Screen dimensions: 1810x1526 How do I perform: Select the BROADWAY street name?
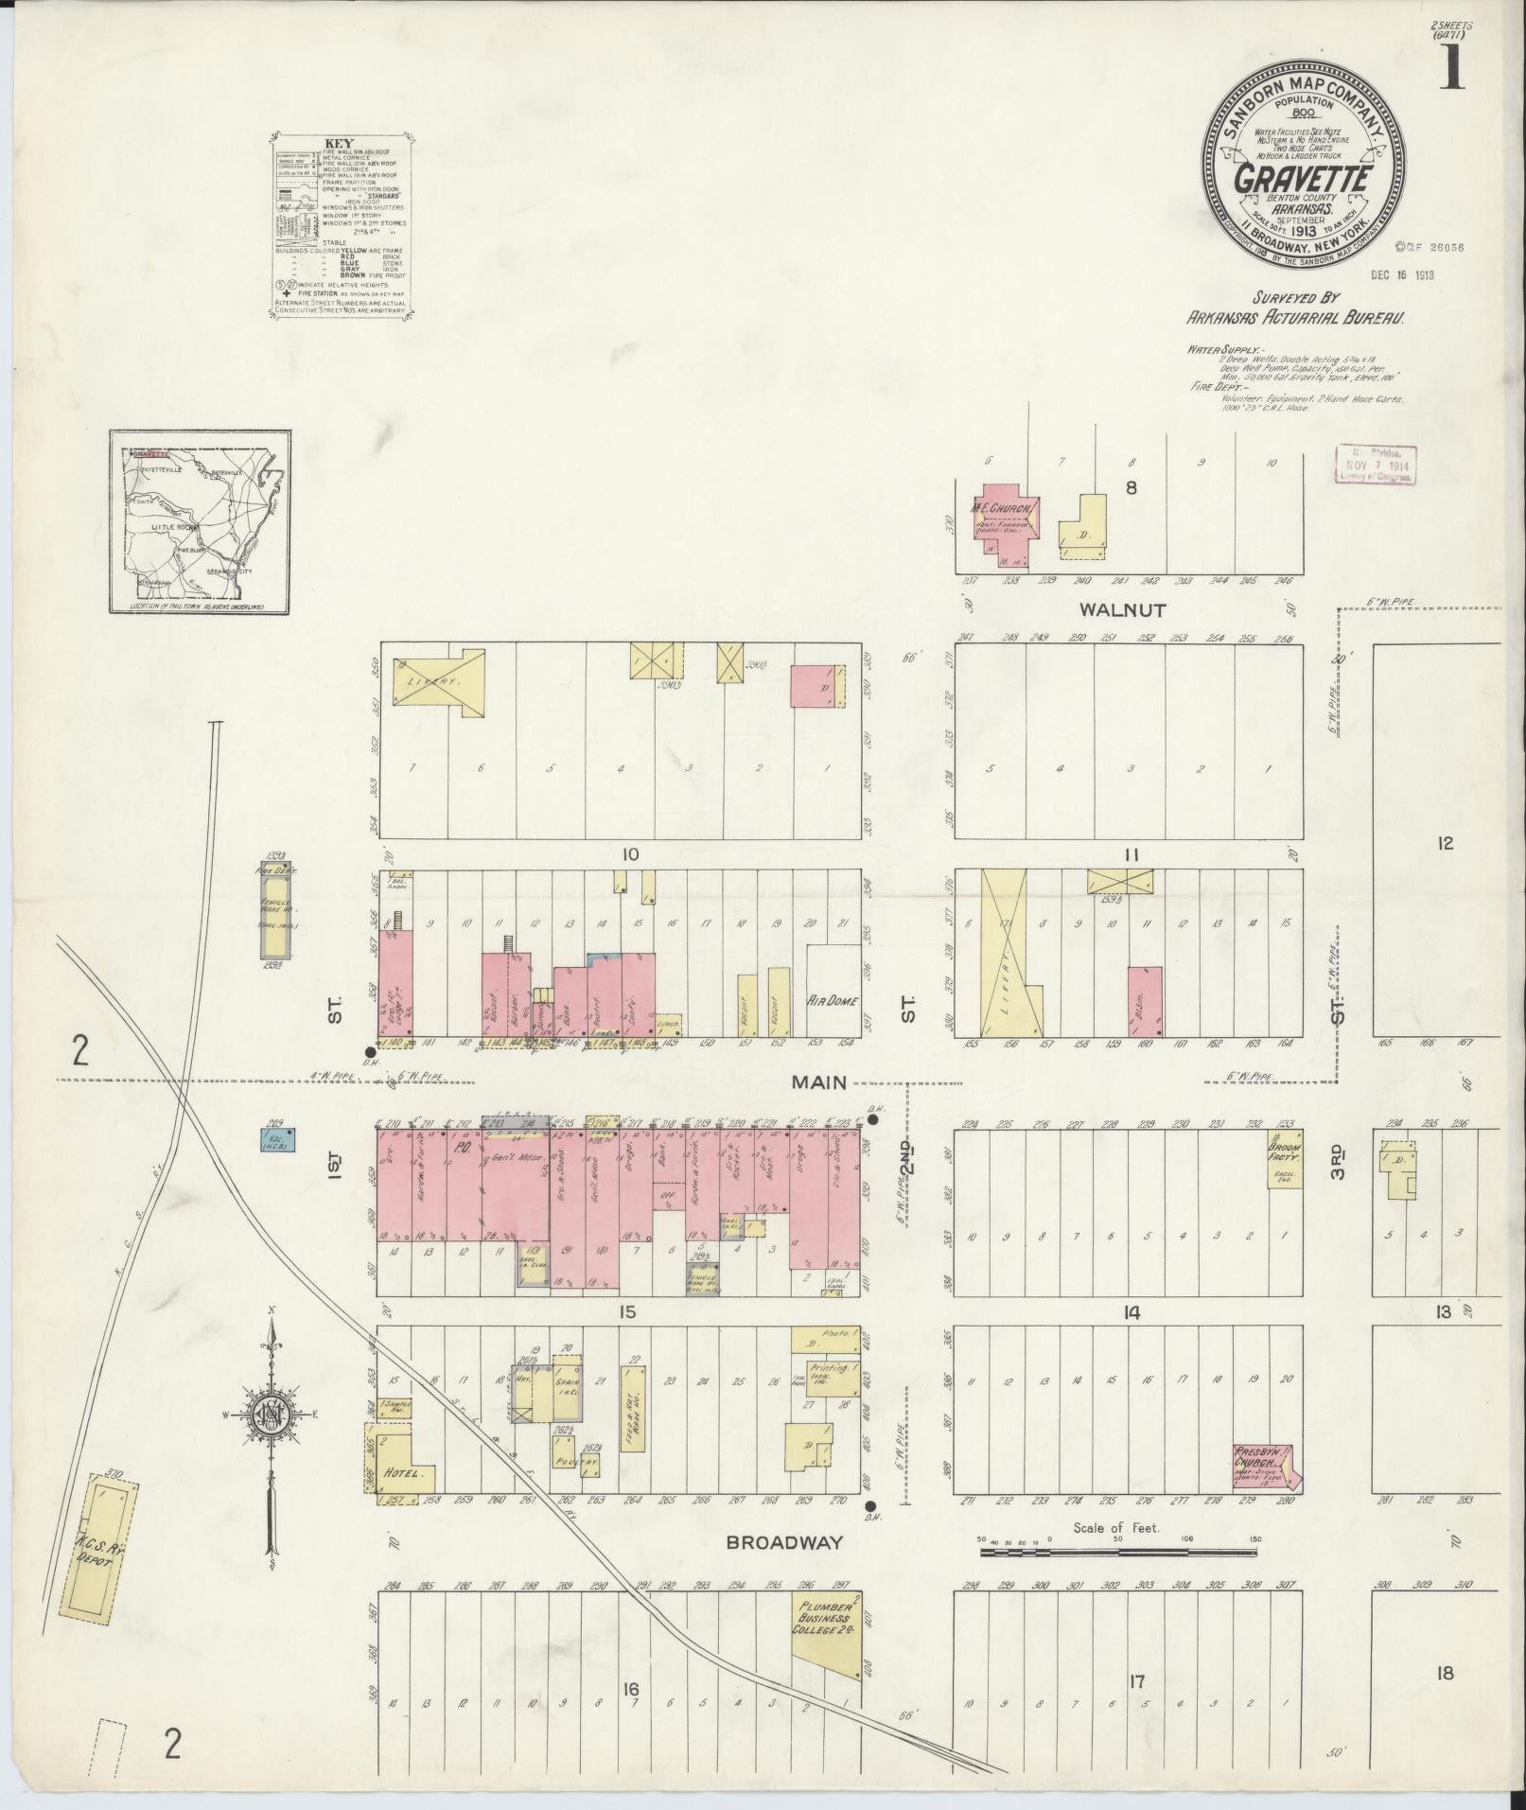coord(784,1542)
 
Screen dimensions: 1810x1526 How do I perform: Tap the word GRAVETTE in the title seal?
coord(1302,180)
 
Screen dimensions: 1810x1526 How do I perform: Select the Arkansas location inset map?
coord(200,521)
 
